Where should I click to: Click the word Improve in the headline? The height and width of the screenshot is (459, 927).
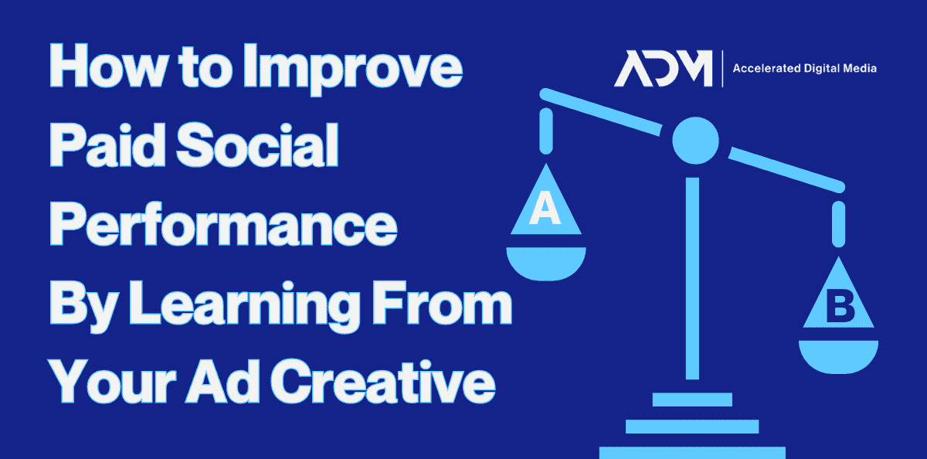[x=353, y=69]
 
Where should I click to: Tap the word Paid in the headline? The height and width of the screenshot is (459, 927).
[x=107, y=144]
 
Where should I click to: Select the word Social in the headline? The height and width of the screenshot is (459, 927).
[x=257, y=144]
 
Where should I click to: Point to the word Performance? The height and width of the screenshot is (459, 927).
[x=223, y=224]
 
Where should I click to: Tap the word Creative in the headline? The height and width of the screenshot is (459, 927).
[x=383, y=381]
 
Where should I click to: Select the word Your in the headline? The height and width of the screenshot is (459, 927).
[x=112, y=381]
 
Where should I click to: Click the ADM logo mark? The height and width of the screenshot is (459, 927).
[x=663, y=68]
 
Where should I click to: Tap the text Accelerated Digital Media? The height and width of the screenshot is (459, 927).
[x=804, y=68]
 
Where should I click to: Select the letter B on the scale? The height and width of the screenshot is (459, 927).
[x=840, y=306]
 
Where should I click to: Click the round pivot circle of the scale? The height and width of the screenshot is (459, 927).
[x=695, y=141]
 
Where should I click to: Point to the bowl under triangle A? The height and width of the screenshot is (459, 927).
[x=546, y=263]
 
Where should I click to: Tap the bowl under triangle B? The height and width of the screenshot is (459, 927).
[x=838, y=356]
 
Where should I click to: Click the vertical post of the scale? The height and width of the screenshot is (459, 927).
[x=692, y=278]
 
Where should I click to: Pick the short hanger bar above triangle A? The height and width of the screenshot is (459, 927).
[x=546, y=131]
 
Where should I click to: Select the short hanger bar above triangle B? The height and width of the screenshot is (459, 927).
[x=838, y=224]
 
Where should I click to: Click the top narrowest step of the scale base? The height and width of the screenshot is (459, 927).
[x=692, y=399]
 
